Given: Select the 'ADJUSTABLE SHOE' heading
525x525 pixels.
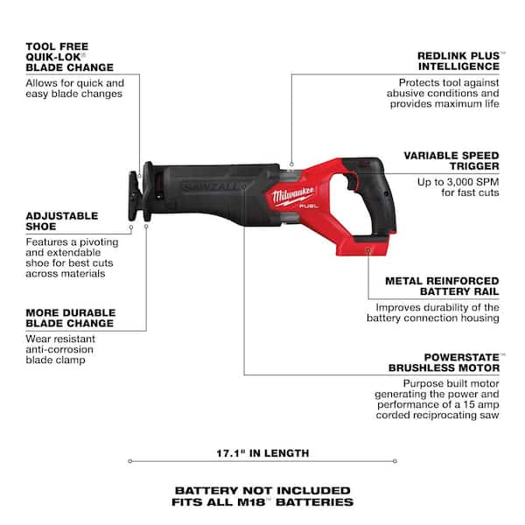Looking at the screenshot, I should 62,222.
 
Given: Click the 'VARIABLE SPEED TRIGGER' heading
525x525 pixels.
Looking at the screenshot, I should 451,160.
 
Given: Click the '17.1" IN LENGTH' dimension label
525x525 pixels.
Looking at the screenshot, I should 262,453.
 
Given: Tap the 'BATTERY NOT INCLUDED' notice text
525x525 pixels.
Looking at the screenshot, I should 262,490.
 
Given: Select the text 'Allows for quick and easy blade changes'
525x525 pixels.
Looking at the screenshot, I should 74,88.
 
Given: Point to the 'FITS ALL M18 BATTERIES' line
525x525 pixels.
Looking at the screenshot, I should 262,502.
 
